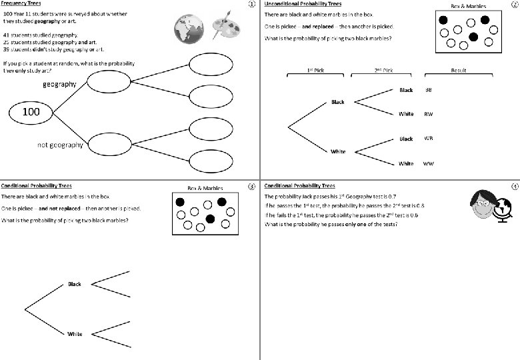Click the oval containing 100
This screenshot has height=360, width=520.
31,112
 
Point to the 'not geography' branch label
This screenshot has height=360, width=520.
60,145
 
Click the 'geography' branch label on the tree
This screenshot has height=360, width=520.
60,84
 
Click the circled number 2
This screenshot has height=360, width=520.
513,5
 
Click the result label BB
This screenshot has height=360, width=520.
428,90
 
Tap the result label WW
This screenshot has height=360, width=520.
429,163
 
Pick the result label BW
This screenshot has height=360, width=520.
428,114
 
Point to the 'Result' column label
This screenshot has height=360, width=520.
459,69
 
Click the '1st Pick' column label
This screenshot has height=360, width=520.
315,69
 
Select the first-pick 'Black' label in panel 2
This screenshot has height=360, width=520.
338,102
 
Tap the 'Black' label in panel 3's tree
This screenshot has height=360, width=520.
74,284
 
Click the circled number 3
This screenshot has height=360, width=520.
251,187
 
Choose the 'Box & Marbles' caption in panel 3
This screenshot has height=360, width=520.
205,189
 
